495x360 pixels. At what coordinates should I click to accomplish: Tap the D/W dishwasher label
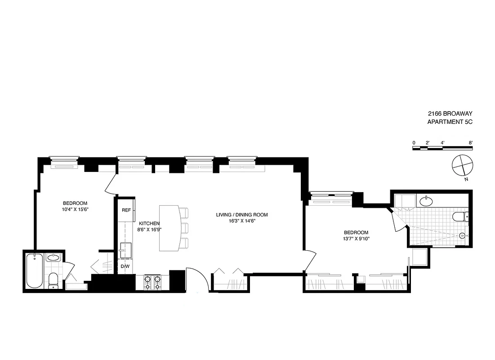(125, 267)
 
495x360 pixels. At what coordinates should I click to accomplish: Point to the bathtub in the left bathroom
(35, 271)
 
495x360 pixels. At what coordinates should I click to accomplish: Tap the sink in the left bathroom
(53, 258)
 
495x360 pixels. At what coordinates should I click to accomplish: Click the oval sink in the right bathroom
(425, 200)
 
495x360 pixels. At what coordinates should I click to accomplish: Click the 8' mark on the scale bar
(471, 143)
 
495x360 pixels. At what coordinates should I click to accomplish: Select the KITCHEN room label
(149, 223)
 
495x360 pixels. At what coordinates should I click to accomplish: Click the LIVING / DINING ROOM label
(242, 215)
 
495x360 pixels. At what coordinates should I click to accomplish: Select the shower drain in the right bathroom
(463, 234)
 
